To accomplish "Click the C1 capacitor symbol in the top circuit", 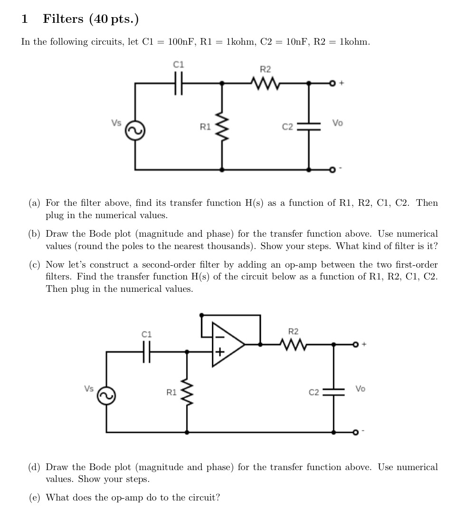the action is (x=179, y=83).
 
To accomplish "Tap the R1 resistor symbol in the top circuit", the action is (x=222, y=126).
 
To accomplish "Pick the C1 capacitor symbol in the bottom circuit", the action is (x=147, y=352).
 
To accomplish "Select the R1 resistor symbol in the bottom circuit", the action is (x=187, y=393).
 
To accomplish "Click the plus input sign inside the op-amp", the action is (x=219, y=352).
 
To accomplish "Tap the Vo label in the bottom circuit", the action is (x=361, y=388).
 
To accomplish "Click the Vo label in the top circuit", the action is (x=337, y=123).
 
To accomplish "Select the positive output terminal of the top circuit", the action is (x=333, y=84).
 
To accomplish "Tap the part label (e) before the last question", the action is (x=34, y=498).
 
